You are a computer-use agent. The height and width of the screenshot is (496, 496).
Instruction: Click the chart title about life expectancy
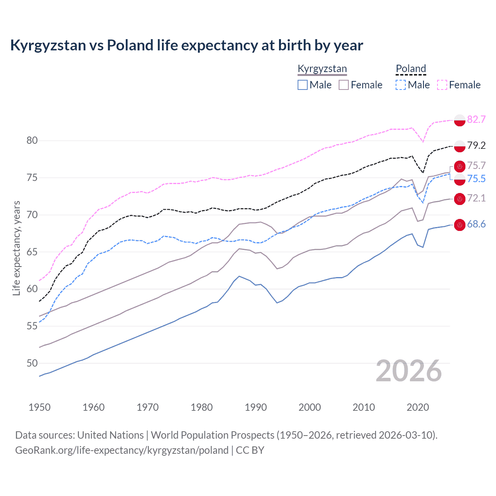pyautogui.click(x=186, y=45)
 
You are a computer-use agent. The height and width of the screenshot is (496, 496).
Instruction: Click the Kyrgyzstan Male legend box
pyautogui.click(x=303, y=85)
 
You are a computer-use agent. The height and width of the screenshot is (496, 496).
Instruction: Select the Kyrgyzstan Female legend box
pyautogui.click(x=344, y=85)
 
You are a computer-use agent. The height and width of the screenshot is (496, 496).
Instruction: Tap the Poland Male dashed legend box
pyautogui.click(x=401, y=85)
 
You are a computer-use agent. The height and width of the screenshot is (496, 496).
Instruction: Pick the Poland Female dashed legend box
pyautogui.click(x=442, y=85)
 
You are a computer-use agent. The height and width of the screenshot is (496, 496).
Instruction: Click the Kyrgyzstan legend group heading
pyautogui.click(x=322, y=69)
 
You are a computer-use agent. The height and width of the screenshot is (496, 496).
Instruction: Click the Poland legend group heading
pyautogui.click(x=411, y=69)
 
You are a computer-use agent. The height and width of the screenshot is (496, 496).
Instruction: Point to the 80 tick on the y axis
pyautogui.click(x=32, y=141)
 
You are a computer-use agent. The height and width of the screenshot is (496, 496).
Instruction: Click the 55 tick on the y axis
pyautogui.click(x=32, y=326)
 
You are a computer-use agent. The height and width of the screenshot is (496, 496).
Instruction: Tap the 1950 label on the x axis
pyautogui.click(x=40, y=407)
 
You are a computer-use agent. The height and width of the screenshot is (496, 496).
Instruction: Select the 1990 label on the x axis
pyautogui.click(x=256, y=407)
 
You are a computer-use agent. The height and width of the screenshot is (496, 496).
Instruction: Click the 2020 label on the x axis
pyautogui.click(x=418, y=407)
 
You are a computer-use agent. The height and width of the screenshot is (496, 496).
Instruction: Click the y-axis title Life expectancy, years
pyautogui.click(x=17, y=248)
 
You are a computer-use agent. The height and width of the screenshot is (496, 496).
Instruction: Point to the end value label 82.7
pyautogui.click(x=476, y=119)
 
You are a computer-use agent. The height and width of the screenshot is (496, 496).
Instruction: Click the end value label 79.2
pyautogui.click(x=476, y=145)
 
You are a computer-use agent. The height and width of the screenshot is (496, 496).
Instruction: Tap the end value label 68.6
pyautogui.click(x=476, y=224)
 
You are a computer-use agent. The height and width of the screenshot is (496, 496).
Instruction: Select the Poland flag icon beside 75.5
pyautogui.click(x=460, y=179)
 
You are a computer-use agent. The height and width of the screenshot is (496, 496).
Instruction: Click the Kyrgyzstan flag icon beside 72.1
pyautogui.click(x=460, y=199)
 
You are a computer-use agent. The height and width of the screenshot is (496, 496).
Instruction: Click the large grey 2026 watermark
pyautogui.click(x=409, y=371)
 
